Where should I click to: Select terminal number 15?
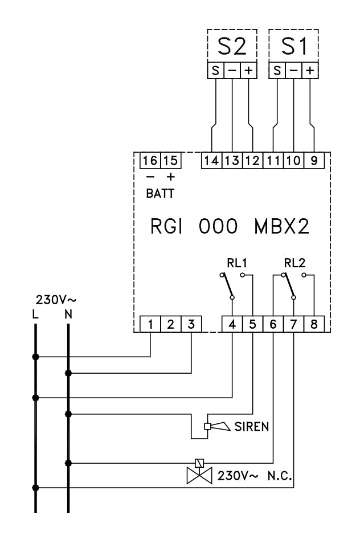click(169, 161)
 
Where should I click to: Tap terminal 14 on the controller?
click(211, 161)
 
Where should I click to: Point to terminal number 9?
click(314, 161)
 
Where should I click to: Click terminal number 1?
click(150, 325)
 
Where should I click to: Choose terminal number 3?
click(191, 325)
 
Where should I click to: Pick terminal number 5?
click(252, 325)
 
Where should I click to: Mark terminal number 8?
click(314, 325)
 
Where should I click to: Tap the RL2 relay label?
click(294, 263)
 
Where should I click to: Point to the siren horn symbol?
click(219, 426)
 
